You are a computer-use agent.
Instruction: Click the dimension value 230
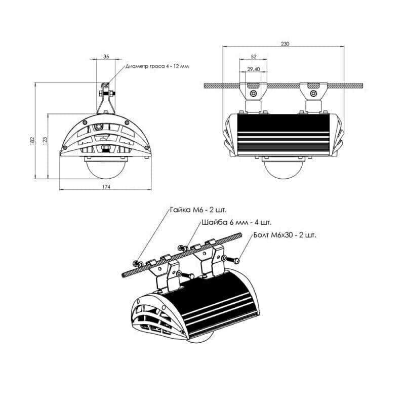(x=285, y=44)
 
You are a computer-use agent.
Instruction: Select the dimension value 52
(x=254, y=57)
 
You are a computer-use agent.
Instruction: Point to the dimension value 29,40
(x=254, y=69)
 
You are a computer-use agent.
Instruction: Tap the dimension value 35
(x=106, y=57)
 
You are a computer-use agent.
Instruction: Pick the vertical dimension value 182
(x=32, y=141)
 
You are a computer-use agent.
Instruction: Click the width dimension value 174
(x=106, y=186)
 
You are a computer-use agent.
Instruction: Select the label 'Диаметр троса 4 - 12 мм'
(x=157, y=66)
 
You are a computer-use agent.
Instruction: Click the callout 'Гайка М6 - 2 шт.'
(x=198, y=210)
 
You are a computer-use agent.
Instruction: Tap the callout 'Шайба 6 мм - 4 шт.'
(x=236, y=222)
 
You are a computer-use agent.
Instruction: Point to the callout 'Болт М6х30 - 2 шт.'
(x=285, y=235)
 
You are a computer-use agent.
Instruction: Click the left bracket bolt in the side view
(x=254, y=93)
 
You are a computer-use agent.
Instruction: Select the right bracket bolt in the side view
(x=313, y=93)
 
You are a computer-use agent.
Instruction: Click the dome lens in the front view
(x=106, y=169)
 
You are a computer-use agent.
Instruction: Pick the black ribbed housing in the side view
(x=283, y=135)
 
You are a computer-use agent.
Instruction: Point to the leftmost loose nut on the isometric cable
(x=135, y=263)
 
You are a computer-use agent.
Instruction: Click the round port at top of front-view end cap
(x=98, y=127)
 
